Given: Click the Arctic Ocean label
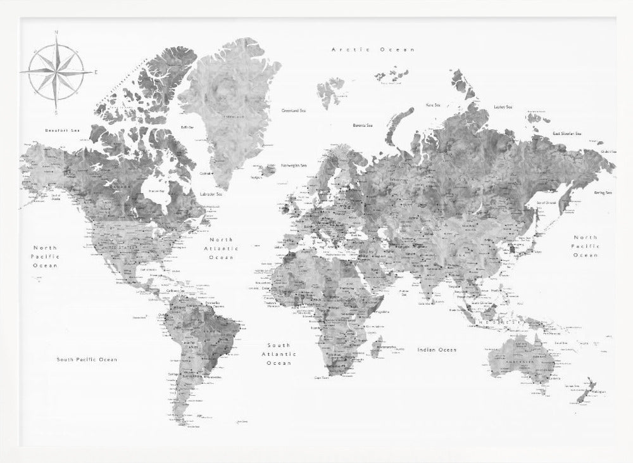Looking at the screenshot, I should pyautogui.click(x=373, y=49).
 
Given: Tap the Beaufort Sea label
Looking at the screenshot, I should pyautogui.click(x=63, y=131).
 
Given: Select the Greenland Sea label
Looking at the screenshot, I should pyautogui.click(x=294, y=111).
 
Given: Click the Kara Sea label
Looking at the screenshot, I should pyautogui.click(x=433, y=105).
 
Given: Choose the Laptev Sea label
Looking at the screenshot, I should pyautogui.click(x=503, y=107).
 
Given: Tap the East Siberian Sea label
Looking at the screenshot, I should pyautogui.click(x=567, y=134).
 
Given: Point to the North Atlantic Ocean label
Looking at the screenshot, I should pyautogui.click(x=222, y=249).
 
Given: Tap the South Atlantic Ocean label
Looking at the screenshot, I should pyautogui.click(x=279, y=354).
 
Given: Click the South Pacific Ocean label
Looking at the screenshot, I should pyautogui.click(x=87, y=360).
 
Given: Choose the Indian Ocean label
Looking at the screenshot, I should pyautogui.click(x=437, y=350).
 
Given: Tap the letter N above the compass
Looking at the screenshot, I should pyautogui.click(x=56, y=32).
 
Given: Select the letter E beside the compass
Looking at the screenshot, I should pyautogui.click(x=96, y=72).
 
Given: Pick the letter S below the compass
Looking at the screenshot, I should pyautogui.click(x=56, y=112).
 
